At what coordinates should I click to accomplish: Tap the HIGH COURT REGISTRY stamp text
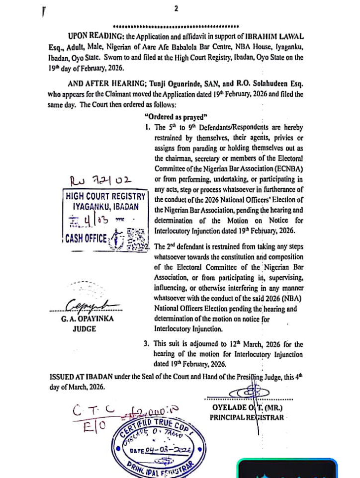(106, 196)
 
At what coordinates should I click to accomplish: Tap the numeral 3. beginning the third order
(146, 343)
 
